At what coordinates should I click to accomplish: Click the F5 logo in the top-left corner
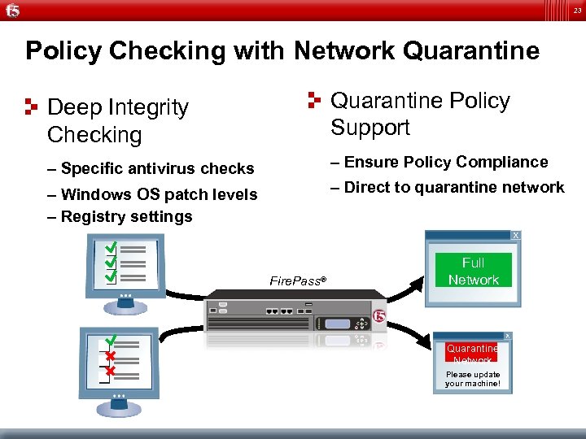coord(12,11)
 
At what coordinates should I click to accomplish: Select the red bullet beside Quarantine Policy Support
coord(315,100)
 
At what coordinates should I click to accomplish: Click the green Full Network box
coord(473,271)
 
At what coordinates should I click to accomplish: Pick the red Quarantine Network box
coord(472,352)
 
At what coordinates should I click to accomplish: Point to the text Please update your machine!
coord(473,379)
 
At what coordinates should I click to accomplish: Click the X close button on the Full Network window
coord(514,235)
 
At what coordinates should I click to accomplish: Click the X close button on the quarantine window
coord(507,336)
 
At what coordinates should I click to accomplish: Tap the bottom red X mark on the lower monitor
coord(109,371)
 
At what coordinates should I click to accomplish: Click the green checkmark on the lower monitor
coord(110,339)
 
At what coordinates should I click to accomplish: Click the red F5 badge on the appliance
coord(378,315)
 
